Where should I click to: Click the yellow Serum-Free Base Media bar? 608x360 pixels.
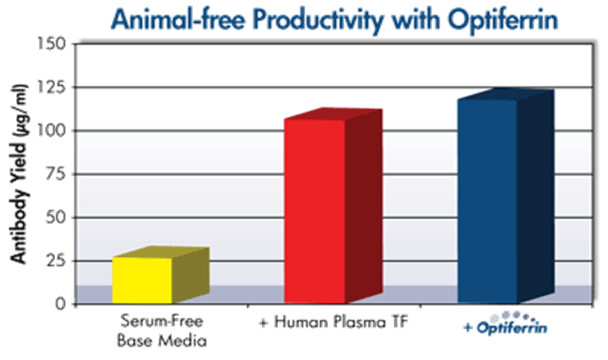160,275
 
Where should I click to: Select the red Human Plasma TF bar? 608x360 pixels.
333,206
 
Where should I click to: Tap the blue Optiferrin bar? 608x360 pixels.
506,196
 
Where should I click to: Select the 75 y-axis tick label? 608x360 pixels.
56,174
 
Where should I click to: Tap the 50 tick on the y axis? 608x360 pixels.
56,217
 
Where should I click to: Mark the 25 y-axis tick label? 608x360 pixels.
56,261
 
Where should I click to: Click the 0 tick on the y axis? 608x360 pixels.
60,304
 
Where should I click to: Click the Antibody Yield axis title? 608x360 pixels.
19,174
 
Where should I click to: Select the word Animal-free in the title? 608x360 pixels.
178,20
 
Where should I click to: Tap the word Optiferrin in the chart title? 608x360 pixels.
503,20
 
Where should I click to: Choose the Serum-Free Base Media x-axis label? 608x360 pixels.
161,331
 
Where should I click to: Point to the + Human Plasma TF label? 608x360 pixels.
334,322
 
